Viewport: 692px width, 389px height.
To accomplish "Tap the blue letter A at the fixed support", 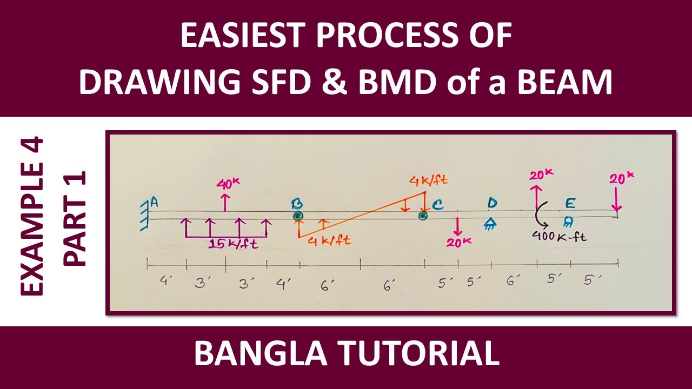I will tap(154, 203).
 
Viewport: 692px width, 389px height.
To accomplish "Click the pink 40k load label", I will tap(227, 184).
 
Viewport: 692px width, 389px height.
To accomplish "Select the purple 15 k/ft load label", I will tap(234, 245).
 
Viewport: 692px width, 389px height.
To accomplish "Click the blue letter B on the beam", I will tap(297, 204).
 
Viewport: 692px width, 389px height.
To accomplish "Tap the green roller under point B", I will tap(298, 217).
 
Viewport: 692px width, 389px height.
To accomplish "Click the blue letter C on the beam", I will tap(437, 204).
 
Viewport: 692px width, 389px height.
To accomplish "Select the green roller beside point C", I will tap(423, 216).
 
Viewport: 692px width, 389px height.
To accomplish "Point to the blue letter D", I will tap(491, 203).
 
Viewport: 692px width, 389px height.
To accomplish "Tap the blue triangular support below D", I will tap(490, 223).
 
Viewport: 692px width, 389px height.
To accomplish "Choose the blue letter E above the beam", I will tap(570, 203).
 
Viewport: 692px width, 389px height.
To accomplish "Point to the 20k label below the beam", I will tap(458, 242).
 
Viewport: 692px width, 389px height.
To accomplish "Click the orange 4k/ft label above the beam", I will tap(429, 180).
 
